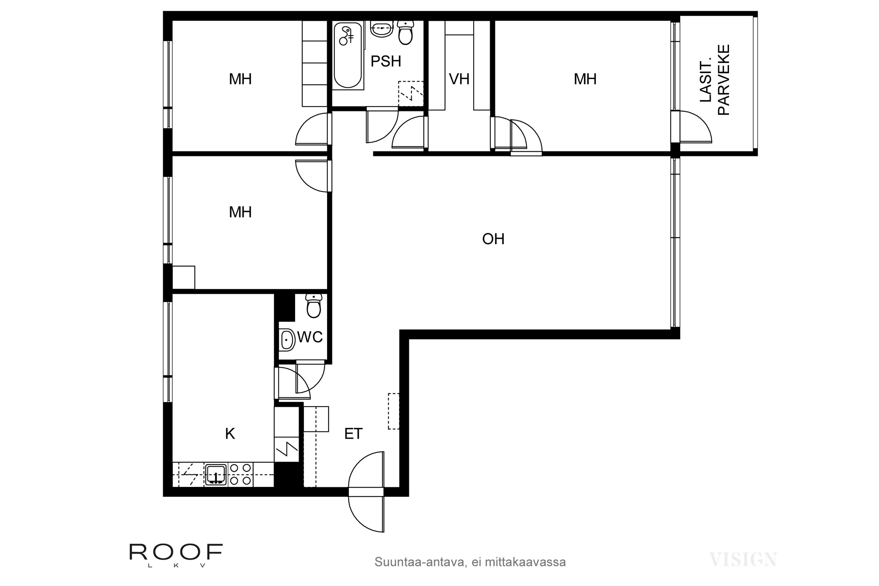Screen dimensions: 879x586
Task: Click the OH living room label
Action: (493, 239)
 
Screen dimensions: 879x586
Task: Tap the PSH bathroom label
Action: (386, 61)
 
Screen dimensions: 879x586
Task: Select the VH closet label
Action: (459, 79)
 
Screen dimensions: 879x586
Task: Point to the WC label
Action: (310, 337)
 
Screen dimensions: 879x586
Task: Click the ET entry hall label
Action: (353, 434)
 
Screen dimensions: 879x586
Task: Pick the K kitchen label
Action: (230, 434)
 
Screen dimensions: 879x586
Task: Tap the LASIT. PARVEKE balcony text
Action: (714, 80)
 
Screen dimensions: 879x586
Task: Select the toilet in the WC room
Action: (314, 306)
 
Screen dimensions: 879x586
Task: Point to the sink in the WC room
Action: (287, 340)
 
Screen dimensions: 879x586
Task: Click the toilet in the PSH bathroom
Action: (406, 33)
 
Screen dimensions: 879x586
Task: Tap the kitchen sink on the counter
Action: (216, 475)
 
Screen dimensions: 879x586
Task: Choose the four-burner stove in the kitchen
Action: (240, 475)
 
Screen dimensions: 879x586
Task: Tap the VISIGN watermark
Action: (743, 559)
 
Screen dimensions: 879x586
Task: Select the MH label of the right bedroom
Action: (585, 79)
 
